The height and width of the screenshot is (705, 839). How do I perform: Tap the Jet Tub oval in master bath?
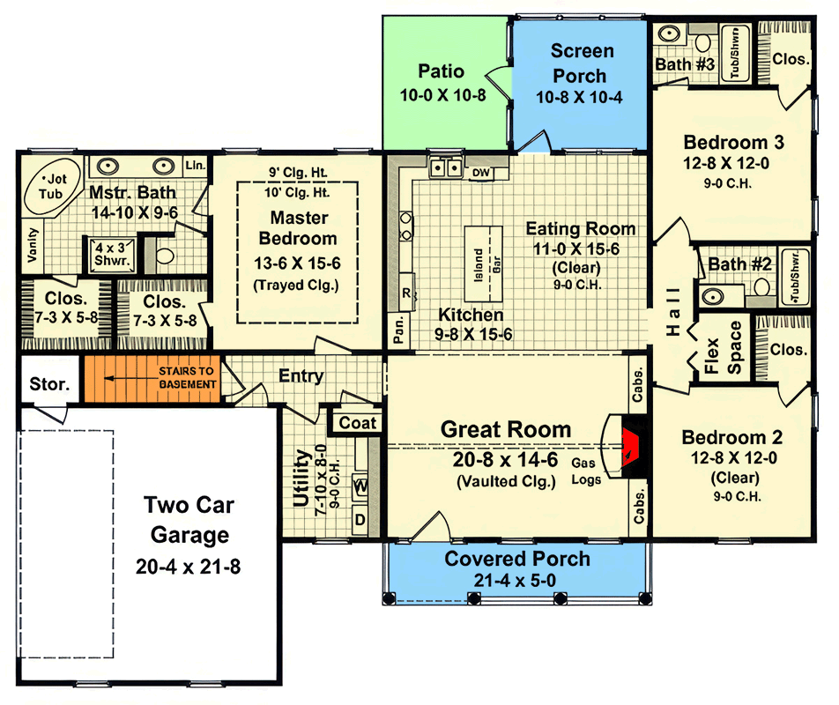point(53,186)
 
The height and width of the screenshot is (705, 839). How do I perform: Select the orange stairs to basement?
point(152,378)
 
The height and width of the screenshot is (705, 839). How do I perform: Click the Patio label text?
point(441,70)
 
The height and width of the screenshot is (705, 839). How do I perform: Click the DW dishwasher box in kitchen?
point(481,172)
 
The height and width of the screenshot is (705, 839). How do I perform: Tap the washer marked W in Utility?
point(360,486)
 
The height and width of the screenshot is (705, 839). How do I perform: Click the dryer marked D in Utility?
point(360,519)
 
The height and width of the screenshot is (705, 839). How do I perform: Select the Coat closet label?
point(358,423)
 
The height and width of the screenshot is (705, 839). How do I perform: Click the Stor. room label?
point(49,383)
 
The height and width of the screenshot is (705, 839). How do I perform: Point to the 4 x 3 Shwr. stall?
point(111,255)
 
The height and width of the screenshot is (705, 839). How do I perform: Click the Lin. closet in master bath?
point(196,166)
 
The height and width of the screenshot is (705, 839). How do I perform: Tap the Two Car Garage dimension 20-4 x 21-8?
point(188,567)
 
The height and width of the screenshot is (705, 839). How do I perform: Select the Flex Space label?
point(723,348)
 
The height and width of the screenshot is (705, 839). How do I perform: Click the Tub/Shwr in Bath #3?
point(736,52)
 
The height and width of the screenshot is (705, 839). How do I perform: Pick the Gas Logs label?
point(585,471)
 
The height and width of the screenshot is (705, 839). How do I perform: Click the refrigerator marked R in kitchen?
point(406,293)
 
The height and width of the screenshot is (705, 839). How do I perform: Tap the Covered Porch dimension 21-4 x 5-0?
point(514,581)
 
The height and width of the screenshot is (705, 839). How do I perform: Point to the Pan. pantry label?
point(398,330)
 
